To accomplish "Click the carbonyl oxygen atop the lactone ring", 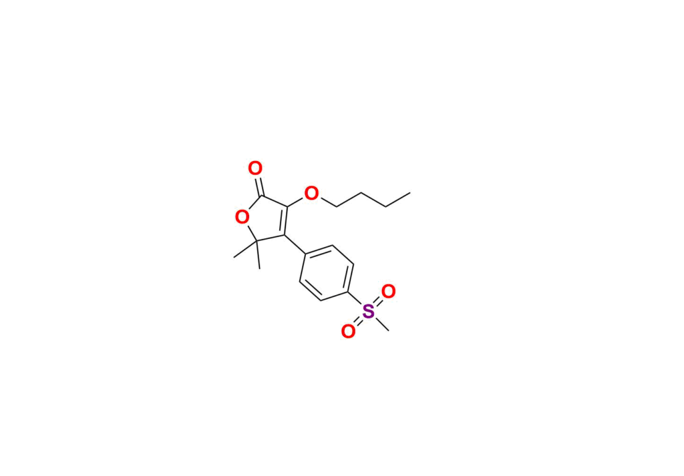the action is [x=255, y=168].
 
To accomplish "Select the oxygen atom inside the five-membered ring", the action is [x=242, y=216].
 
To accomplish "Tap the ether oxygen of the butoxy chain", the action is [x=311, y=193].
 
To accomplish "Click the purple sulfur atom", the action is [x=369, y=312].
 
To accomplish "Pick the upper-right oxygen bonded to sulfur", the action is [x=388, y=291].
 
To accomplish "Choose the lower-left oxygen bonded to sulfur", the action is [x=348, y=331].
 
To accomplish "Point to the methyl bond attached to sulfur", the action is [x=381, y=323].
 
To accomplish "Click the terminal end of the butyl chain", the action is [x=410, y=193].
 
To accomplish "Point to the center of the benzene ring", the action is [x=327, y=273].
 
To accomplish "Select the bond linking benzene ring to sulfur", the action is [x=355, y=298].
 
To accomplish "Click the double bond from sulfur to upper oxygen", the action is [x=378, y=302].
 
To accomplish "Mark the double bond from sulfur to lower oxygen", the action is [x=359, y=322].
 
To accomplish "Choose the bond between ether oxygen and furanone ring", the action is [x=296, y=201].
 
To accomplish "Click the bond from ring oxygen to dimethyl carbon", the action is [x=252, y=231].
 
